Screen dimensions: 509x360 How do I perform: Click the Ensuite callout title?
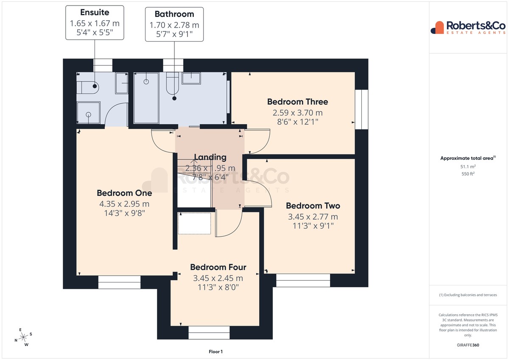click(95, 12)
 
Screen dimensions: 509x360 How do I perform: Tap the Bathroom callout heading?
click(174, 14)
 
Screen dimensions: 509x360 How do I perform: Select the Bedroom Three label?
click(297, 102)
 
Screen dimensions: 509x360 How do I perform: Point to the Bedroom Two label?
click(313, 206)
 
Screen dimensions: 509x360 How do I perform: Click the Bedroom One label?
click(124, 193)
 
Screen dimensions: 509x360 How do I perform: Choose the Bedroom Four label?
click(218, 267)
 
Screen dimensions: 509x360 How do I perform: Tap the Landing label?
click(210, 157)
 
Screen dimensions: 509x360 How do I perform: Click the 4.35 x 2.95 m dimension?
click(124, 204)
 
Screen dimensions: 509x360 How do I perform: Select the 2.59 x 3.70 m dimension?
click(297, 113)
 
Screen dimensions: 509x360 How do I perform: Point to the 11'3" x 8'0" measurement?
click(218, 287)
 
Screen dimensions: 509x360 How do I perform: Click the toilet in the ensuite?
click(87, 87)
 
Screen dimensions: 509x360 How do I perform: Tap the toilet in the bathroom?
click(173, 83)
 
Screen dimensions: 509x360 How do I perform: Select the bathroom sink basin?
click(191, 78)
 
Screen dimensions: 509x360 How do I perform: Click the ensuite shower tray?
click(88, 113)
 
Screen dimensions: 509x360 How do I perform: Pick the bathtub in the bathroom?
click(146, 98)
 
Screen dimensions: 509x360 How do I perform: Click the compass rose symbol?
click(23, 337)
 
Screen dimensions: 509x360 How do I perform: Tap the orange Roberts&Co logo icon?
click(437, 28)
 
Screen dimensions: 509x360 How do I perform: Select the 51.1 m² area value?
click(468, 167)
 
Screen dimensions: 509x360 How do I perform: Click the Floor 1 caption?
click(215, 352)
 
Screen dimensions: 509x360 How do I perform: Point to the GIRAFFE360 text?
click(468, 345)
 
